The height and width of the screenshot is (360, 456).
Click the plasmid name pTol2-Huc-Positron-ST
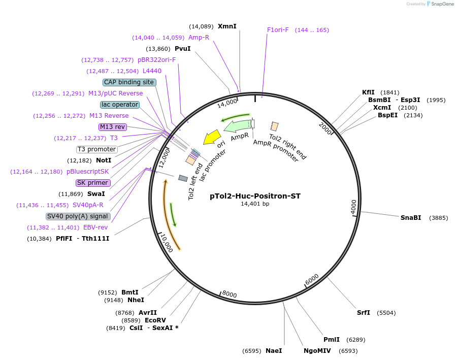click(x=255, y=196)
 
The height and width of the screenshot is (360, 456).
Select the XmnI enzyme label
click(x=227, y=26)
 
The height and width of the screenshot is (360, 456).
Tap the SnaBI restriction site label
click(x=410, y=218)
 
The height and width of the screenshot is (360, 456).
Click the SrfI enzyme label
click(x=363, y=313)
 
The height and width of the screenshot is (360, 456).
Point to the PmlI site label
click(x=332, y=340)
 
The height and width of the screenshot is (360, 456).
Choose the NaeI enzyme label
click(x=273, y=351)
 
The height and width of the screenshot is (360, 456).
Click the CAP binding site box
click(x=129, y=82)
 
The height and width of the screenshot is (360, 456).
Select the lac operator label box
click(x=120, y=105)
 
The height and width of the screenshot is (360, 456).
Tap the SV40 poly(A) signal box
click(x=78, y=216)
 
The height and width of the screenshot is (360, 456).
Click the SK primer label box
click(x=92, y=183)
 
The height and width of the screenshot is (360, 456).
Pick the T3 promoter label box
click(x=96, y=149)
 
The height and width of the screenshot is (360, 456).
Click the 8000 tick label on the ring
click(x=230, y=294)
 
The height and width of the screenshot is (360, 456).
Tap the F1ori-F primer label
click(x=278, y=30)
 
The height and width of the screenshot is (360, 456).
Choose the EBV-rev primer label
click(x=95, y=227)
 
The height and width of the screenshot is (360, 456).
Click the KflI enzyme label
click(x=368, y=92)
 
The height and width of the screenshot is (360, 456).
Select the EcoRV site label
click(x=155, y=320)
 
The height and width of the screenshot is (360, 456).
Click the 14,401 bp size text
click(x=255, y=204)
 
